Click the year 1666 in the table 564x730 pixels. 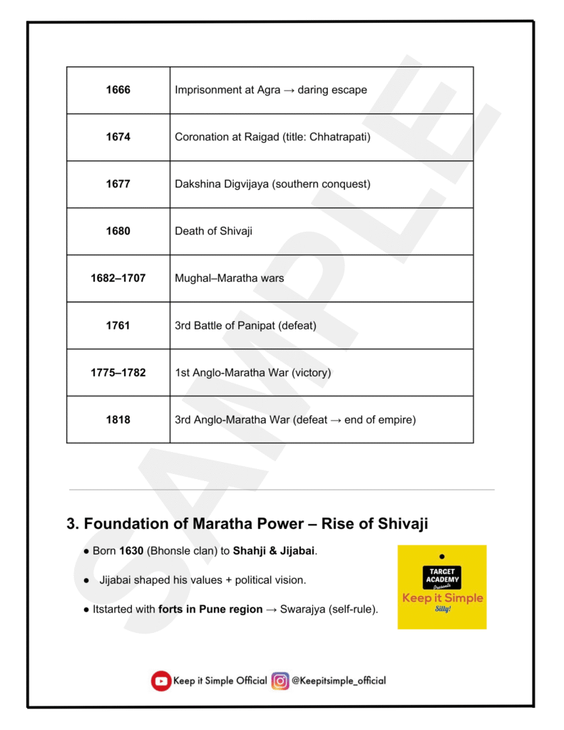point(118,91)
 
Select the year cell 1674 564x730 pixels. point(118,138)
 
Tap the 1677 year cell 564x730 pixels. point(118,185)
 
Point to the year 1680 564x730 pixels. point(118,232)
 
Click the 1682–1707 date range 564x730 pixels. point(118,279)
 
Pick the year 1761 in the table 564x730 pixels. point(118,326)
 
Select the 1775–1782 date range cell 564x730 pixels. point(118,373)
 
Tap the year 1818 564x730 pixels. point(118,420)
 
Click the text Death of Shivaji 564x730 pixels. point(213,232)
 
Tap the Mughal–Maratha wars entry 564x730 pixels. point(229,279)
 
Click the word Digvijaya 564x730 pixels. point(249,185)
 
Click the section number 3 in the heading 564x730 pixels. point(71,524)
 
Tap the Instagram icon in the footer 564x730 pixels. point(280,681)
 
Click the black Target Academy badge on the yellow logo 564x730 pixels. point(442,577)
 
